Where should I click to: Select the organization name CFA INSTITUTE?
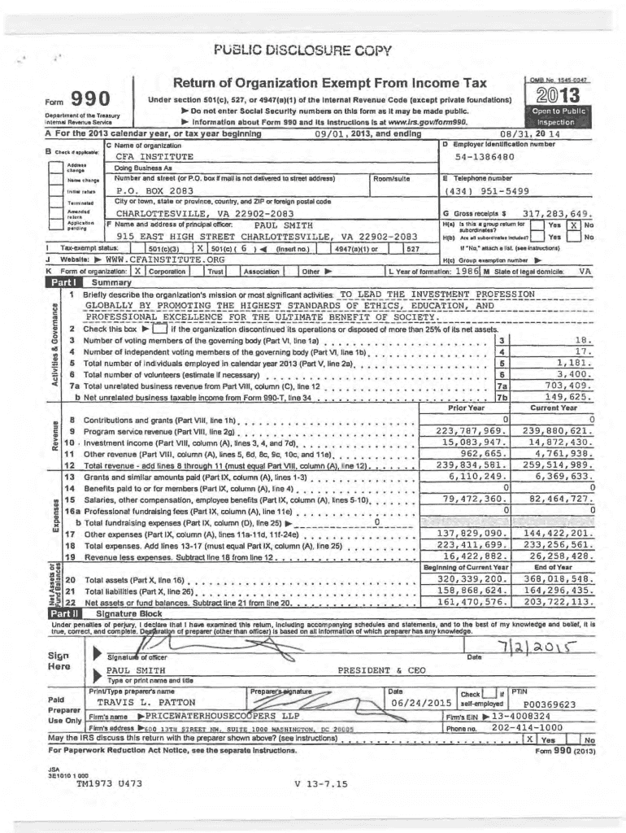(x=154, y=156)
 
